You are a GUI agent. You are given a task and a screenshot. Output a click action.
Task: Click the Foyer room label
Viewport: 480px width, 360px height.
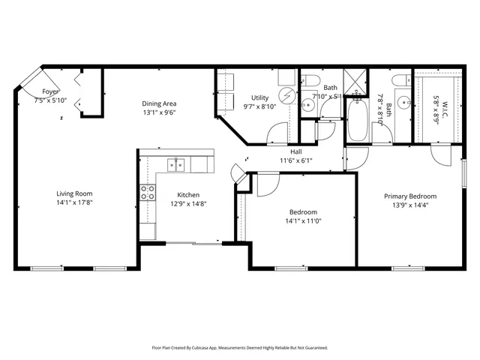coord(50,91)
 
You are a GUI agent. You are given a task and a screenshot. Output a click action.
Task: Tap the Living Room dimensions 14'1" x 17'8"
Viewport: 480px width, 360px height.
coord(73,202)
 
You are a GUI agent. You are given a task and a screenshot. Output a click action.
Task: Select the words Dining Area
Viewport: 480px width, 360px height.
coord(160,103)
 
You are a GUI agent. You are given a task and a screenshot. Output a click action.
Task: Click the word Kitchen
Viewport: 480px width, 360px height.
coord(187,193)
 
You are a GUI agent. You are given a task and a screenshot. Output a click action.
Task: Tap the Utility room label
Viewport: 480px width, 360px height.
coord(259,97)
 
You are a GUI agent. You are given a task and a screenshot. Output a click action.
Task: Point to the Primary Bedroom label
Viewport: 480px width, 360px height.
coord(410,196)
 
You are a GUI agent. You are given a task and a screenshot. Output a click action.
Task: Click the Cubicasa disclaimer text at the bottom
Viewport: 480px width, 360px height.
coord(240,348)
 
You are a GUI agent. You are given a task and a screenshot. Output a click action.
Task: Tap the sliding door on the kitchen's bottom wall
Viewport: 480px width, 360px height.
coord(193,242)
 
